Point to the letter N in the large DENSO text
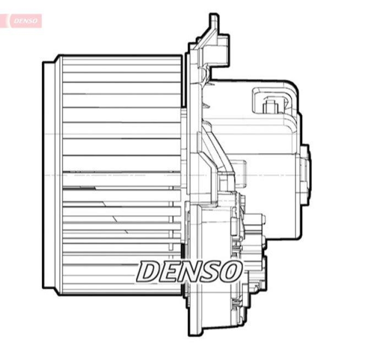192,271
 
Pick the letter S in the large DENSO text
212,271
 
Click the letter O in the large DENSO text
231,271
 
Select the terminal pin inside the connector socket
270,106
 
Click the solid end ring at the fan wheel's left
48,175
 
